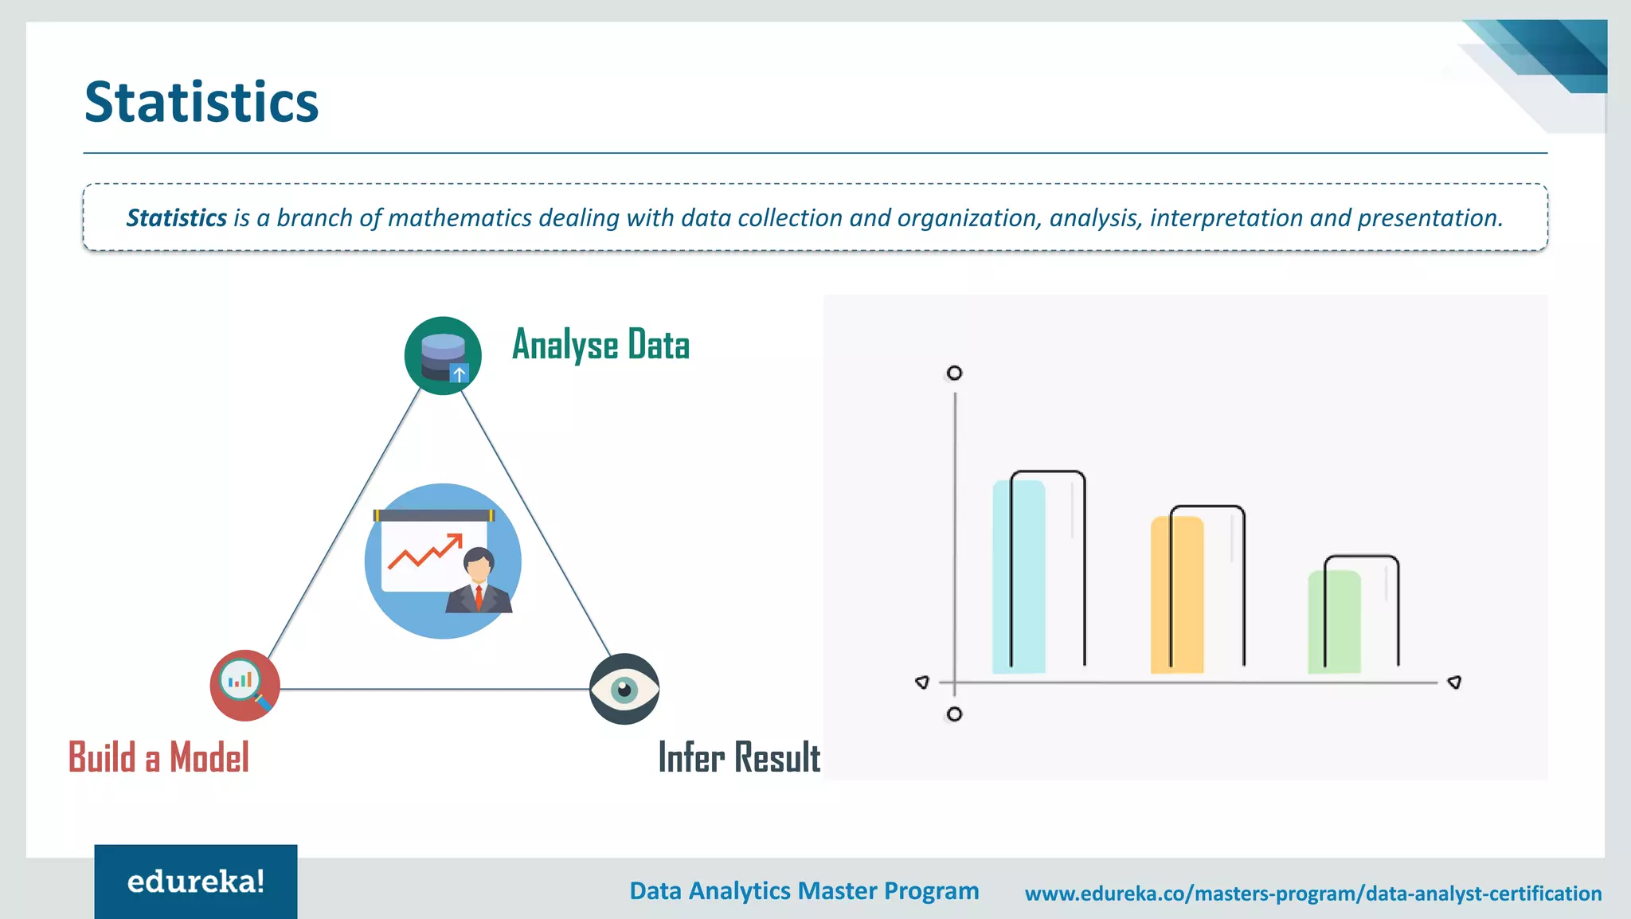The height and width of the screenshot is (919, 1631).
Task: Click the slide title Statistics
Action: click(x=201, y=103)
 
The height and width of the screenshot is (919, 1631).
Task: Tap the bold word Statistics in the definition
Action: click(x=177, y=218)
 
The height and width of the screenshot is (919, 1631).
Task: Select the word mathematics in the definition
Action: click(x=460, y=218)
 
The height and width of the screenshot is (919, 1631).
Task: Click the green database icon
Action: click(x=443, y=356)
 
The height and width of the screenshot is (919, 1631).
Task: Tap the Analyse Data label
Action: click(x=600, y=345)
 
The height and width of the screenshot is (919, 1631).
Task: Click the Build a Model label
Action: click(x=158, y=757)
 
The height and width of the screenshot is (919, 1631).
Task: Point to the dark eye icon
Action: click(x=624, y=689)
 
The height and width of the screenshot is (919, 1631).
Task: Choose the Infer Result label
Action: click(x=739, y=757)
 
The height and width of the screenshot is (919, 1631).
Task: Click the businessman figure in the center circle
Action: click(x=478, y=581)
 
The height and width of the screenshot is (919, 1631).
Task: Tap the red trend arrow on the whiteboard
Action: click(x=425, y=551)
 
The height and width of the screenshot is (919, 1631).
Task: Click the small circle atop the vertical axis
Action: click(x=954, y=373)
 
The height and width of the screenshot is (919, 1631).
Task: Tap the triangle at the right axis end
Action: click(x=1454, y=682)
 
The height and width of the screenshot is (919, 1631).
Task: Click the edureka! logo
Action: click(x=196, y=882)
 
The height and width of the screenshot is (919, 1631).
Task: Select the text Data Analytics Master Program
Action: click(x=804, y=891)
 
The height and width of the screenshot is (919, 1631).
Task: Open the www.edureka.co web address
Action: click(x=1312, y=894)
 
